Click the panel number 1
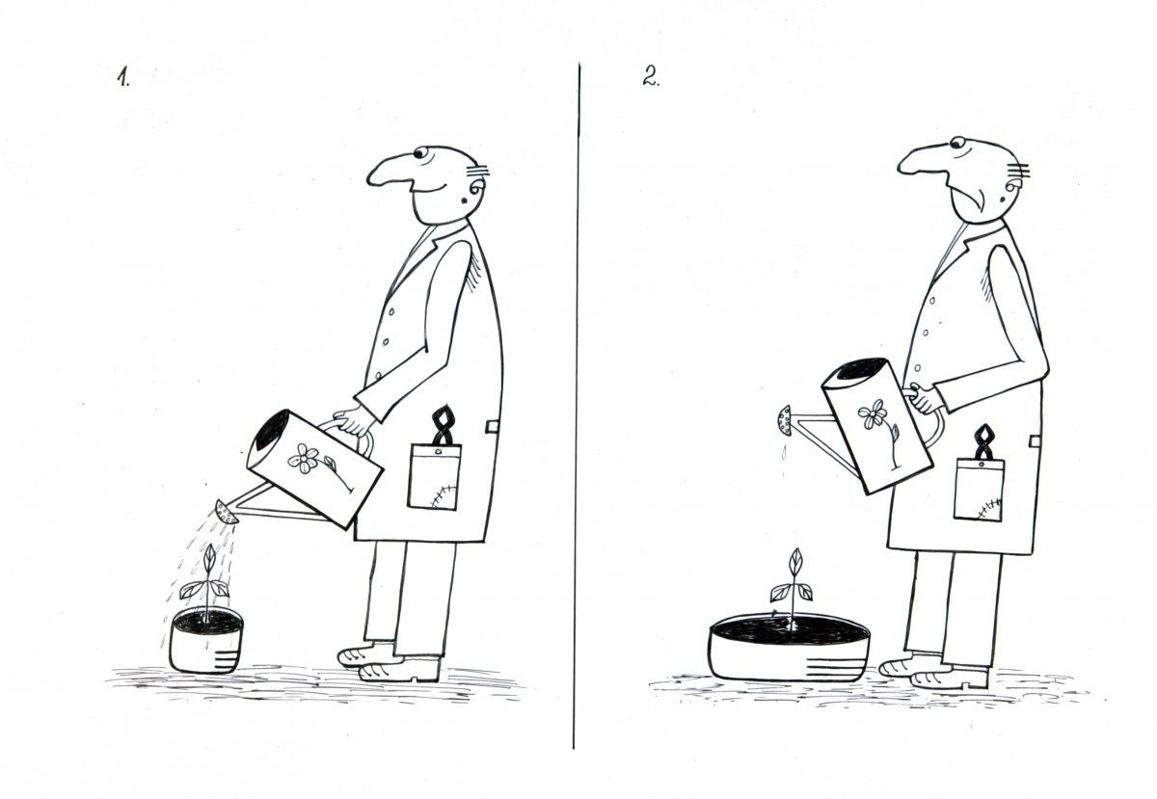tap(123, 77)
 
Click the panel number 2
tap(651, 76)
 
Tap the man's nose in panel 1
tap(389, 171)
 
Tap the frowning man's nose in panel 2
tap(921, 160)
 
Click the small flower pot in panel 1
tap(206, 640)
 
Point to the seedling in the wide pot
tap(792, 588)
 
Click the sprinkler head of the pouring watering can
tap(226, 512)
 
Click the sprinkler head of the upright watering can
tap(785, 421)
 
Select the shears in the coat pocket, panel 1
tap(442, 425)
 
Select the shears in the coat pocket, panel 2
tap(982, 441)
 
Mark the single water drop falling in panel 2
tap(785, 452)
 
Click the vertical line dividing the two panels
tap(577, 406)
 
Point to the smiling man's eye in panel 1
tap(420, 153)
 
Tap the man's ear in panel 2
tap(1012, 189)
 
